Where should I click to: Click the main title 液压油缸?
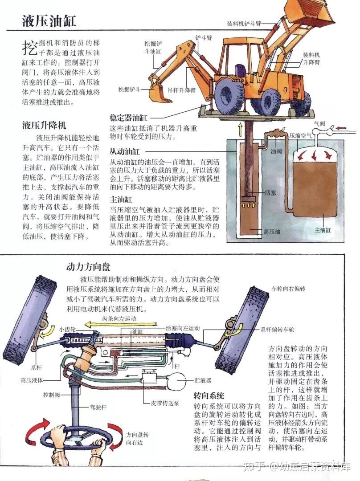pos(49,20)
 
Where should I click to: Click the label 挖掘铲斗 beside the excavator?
pos(129,90)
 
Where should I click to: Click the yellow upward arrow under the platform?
pos(240,130)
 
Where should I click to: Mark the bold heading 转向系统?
pos(209,395)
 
